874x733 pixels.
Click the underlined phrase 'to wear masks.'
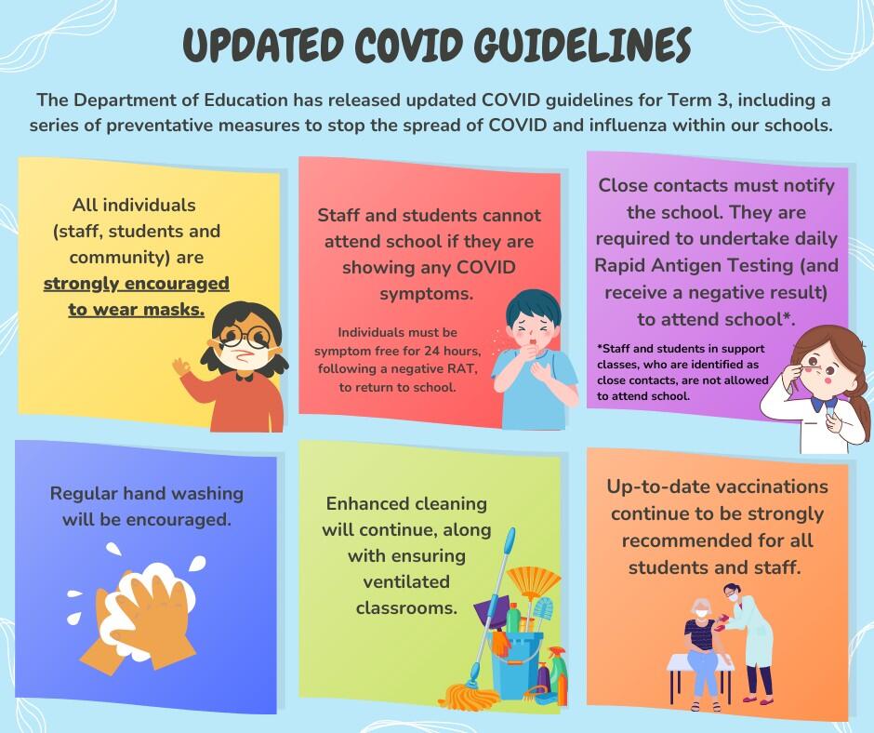[x=137, y=309]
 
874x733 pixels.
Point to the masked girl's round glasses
[x=245, y=336]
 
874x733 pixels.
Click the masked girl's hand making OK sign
[x=181, y=367]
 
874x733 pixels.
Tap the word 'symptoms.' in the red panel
[x=427, y=293]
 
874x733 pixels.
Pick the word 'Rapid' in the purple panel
[x=622, y=265]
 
